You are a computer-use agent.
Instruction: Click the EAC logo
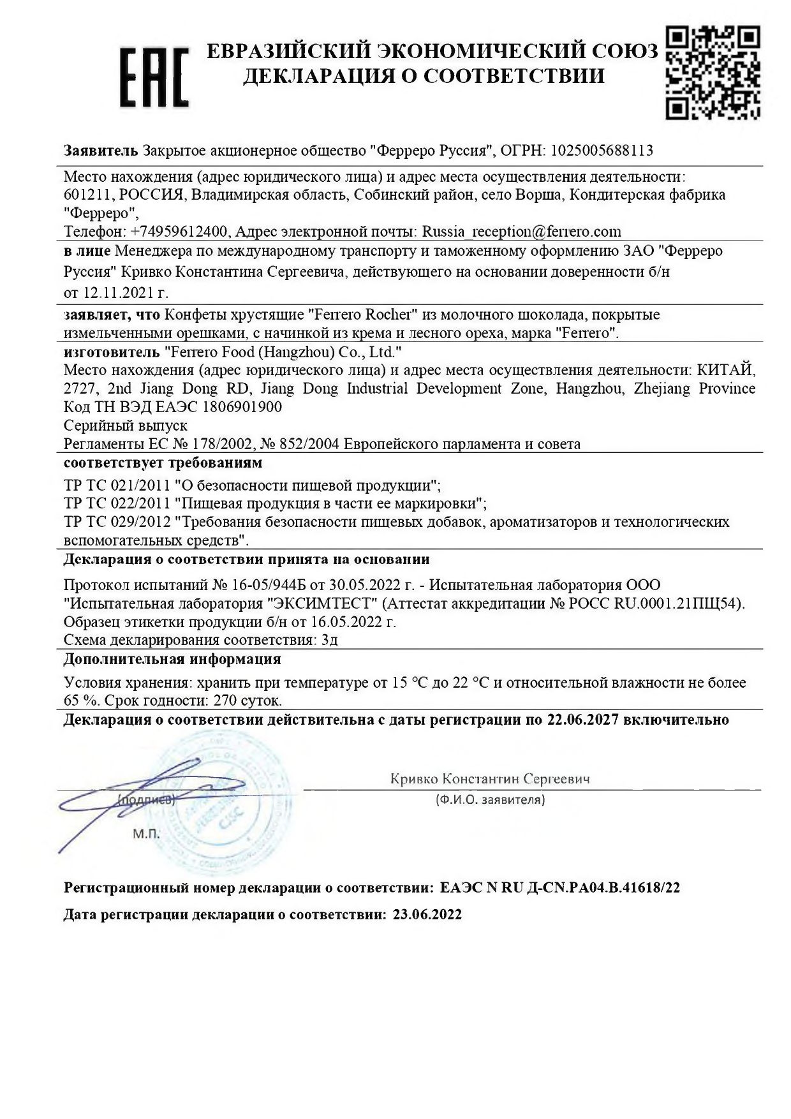coord(155,76)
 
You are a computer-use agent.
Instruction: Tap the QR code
coord(712,72)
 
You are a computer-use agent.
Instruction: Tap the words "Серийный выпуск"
coord(126,425)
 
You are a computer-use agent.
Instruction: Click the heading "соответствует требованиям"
coord(163,462)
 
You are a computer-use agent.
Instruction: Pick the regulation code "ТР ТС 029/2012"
coord(117,522)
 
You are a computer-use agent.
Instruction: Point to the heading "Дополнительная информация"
coord(172,659)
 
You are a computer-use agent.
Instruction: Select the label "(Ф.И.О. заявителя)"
coord(490,799)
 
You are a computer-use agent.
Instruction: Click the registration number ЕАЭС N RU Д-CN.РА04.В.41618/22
coord(560,887)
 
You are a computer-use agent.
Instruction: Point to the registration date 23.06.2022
coord(427,914)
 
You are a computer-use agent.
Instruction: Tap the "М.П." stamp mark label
coord(147,834)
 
